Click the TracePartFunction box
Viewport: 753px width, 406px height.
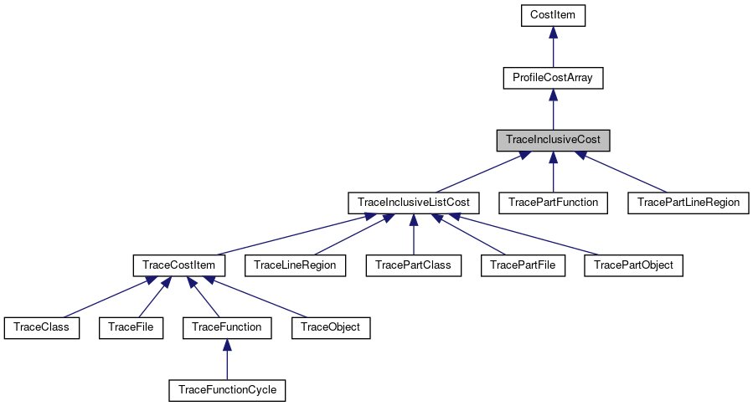[x=553, y=203]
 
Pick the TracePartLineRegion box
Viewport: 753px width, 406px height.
[x=688, y=203]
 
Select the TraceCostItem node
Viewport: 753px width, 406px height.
[x=179, y=265]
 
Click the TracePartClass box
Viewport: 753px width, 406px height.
[x=414, y=265]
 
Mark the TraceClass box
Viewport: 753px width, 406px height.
[x=42, y=327]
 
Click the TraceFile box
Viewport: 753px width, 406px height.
[x=131, y=327]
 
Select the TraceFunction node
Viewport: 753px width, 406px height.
[x=227, y=327]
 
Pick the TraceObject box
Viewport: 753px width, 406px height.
[x=331, y=327]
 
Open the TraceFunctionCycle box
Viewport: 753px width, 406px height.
[x=227, y=390]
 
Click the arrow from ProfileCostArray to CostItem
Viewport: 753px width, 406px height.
[x=553, y=47]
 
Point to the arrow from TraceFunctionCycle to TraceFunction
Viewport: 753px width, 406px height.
[x=227, y=359]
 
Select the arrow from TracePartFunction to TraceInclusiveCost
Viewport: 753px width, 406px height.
[x=553, y=172]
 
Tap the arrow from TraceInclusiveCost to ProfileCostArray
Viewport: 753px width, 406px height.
[x=553, y=109]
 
